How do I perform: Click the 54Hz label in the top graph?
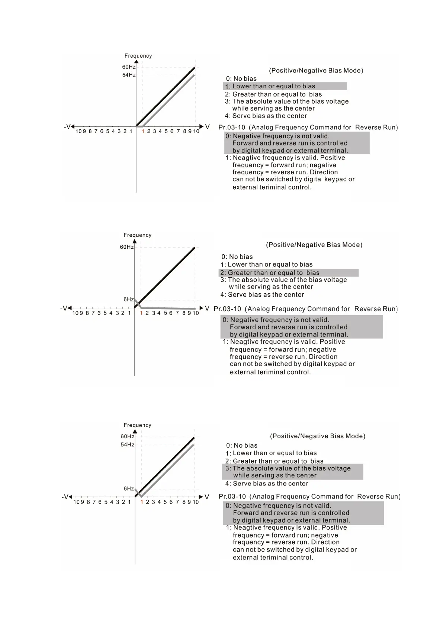(x=129, y=75)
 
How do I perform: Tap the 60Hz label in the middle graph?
(x=126, y=247)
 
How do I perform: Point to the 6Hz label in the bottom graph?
(x=129, y=489)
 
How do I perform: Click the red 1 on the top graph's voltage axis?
(x=143, y=131)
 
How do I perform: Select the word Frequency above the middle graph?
(x=137, y=235)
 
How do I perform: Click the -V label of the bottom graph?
(x=66, y=497)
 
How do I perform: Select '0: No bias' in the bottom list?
(x=241, y=445)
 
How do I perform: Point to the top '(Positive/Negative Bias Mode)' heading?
(x=316, y=71)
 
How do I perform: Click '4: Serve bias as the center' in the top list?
(x=266, y=116)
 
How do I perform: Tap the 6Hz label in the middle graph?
(x=129, y=300)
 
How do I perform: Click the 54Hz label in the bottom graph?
(x=127, y=445)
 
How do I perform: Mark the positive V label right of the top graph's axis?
(x=207, y=127)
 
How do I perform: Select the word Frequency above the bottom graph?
(x=137, y=425)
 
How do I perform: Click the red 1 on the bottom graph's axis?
(x=142, y=502)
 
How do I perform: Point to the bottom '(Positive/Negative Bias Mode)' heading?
(x=317, y=436)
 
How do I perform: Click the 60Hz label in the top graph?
(x=129, y=67)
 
